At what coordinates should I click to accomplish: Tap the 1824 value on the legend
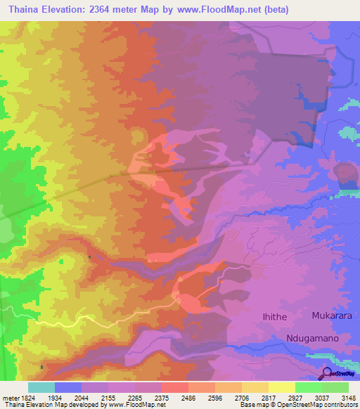[28, 397]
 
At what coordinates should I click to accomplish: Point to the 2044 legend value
[82, 397]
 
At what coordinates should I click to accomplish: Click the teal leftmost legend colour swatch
[41, 387]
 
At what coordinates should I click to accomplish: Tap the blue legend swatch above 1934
[68, 387]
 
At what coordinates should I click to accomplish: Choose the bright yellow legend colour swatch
[282, 387]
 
